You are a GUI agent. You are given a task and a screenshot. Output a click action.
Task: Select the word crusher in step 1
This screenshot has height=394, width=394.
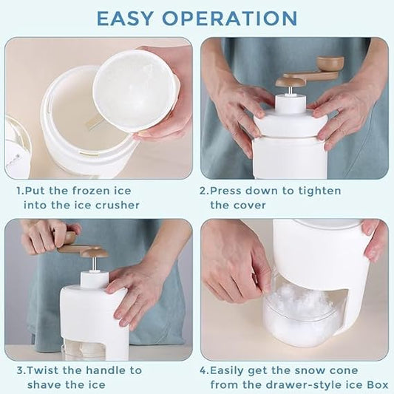[117, 206]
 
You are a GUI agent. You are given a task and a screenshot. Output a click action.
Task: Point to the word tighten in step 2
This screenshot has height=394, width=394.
[320, 191]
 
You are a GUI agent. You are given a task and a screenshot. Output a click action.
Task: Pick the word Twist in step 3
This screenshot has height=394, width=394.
[43, 370]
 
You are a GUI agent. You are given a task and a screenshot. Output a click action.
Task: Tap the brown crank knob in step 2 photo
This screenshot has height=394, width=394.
[327, 62]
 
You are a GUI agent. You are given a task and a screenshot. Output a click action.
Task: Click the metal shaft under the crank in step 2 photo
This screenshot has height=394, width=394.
[290, 90]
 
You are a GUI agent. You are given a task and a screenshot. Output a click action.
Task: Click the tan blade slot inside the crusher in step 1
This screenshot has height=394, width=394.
[94, 121]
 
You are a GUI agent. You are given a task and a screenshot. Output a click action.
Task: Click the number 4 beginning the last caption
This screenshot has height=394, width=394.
[203, 370]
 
